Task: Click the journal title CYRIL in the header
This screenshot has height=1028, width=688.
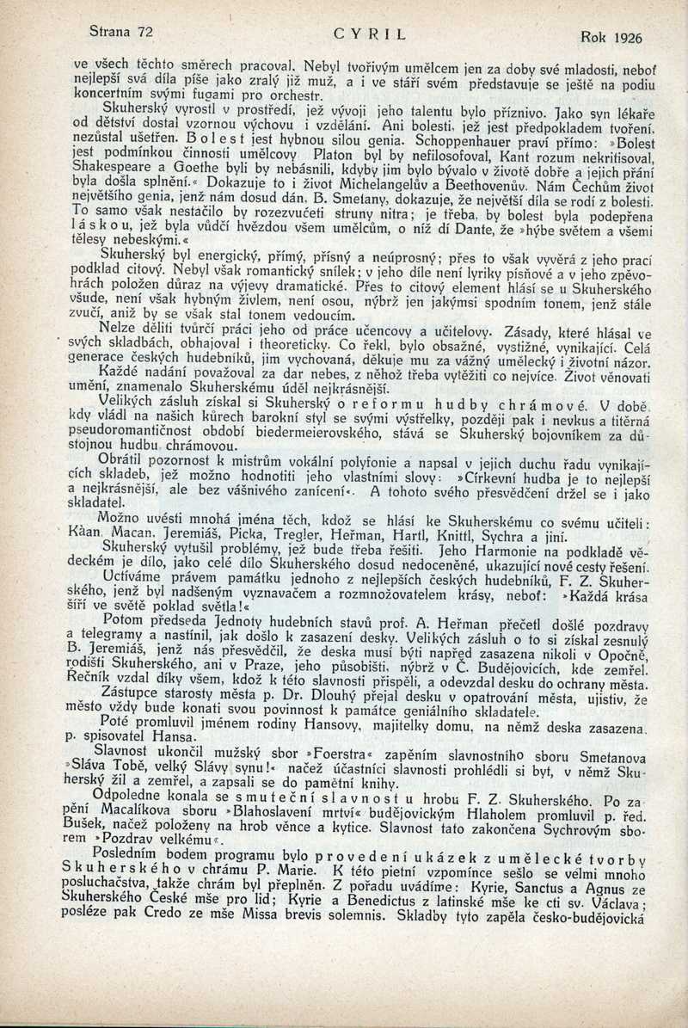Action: click(x=369, y=35)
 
